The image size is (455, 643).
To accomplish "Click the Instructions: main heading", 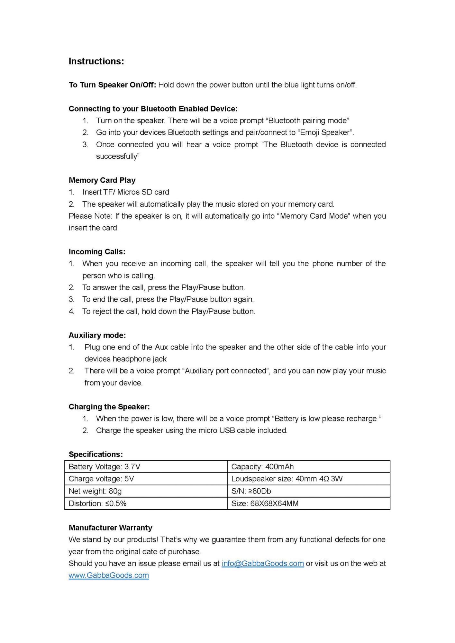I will point(96,61).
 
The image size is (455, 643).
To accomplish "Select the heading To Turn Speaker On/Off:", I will point(112,85).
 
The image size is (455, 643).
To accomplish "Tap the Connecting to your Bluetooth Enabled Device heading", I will point(153,109).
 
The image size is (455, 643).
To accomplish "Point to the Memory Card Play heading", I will point(102,180).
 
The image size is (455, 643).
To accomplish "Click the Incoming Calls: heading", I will point(97,252).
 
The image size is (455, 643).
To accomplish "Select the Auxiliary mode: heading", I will point(97,335).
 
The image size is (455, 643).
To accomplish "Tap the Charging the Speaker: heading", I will point(109,407).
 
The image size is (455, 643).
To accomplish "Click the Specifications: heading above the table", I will point(96,454).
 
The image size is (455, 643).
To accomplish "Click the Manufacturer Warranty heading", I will point(110,528).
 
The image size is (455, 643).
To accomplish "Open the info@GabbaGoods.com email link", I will point(262,564).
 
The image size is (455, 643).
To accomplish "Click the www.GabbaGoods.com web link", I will point(109,575).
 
